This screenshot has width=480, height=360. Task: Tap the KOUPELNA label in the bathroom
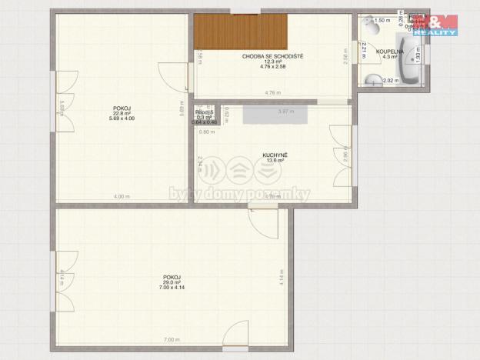click(389, 52)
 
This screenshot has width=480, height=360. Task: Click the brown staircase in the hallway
click(240, 32)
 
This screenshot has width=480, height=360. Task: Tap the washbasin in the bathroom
click(374, 78)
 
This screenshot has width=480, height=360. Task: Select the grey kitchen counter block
click(275, 114)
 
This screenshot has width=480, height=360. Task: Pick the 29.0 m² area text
click(172, 282)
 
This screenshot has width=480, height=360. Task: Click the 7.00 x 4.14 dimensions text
click(172, 288)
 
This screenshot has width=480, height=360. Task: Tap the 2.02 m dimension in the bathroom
click(388, 81)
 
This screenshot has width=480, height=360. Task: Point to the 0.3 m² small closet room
click(205, 117)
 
